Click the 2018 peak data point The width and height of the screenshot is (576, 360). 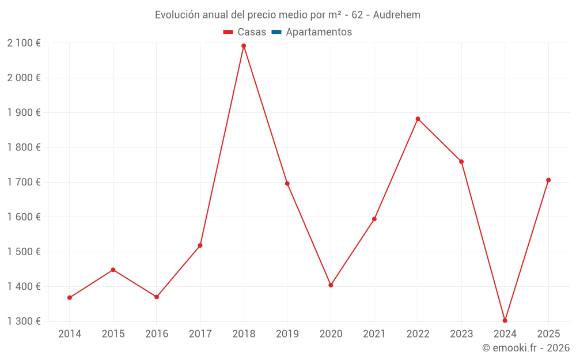[x=244, y=46]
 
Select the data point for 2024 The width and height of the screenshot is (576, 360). [x=505, y=320]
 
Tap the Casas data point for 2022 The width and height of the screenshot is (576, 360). [x=418, y=119]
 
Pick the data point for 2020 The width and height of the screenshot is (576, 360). [x=331, y=285]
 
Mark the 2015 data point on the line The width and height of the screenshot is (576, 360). [x=113, y=270]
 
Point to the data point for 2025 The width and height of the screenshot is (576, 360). [x=548, y=180]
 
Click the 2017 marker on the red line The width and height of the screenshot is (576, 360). [x=200, y=245]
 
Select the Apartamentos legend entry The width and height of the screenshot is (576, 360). [x=319, y=32]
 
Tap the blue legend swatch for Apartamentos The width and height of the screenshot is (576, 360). [x=276, y=32]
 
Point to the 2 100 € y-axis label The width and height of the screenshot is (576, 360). [x=24, y=43]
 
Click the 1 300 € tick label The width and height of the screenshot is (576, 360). [x=24, y=321]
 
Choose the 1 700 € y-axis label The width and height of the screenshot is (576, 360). [x=24, y=182]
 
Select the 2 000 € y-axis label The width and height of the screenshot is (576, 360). [x=24, y=78]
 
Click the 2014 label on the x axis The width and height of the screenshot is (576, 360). [x=70, y=334]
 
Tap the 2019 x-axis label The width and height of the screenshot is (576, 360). [x=287, y=334]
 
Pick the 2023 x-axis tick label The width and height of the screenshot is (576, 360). [x=461, y=334]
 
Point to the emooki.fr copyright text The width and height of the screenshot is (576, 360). [x=526, y=348]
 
